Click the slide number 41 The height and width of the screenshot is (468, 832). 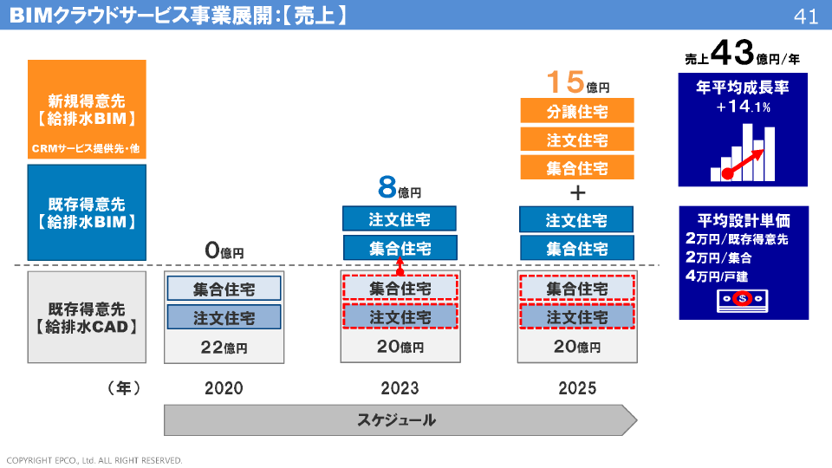[x=806, y=16]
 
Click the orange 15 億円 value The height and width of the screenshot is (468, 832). [x=578, y=82]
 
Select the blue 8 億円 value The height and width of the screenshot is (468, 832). [x=400, y=187]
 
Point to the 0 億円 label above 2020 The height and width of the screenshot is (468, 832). [x=224, y=250]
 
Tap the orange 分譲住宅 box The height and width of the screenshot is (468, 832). [x=577, y=111]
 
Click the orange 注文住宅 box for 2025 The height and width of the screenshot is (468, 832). [x=577, y=140]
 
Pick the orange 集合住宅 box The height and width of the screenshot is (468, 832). [x=577, y=167]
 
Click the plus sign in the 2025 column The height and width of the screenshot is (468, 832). [x=578, y=192]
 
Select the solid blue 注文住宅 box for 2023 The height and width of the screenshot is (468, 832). [x=400, y=218]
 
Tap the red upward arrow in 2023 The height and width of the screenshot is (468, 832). [x=400, y=266]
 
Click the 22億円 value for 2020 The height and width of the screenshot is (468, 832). [x=224, y=348]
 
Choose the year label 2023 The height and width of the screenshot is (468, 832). [x=400, y=388]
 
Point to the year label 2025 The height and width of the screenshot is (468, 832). [x=577, y=388]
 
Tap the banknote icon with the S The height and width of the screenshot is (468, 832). [x=743, y=301]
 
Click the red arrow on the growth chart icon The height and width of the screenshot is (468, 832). [x=745, y=164]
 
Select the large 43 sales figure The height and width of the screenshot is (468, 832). [x=732, y=52]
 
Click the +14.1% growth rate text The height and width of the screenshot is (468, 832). [x=743, y=107]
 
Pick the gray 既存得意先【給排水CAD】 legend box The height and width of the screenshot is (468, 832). [x=87, y=317]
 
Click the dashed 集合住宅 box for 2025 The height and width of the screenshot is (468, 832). [x=577, y=288]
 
